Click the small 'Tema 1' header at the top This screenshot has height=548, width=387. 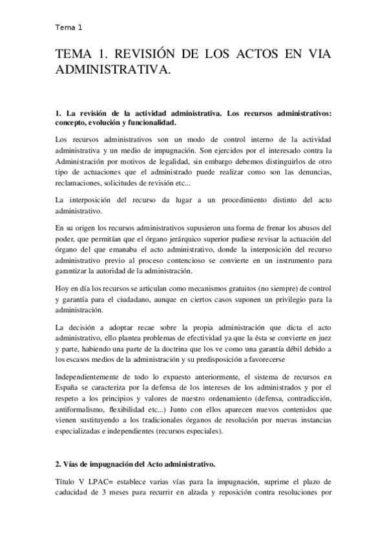click(69, 28)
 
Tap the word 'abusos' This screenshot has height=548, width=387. click(300, 228)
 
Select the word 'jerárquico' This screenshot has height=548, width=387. click(202, 240)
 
